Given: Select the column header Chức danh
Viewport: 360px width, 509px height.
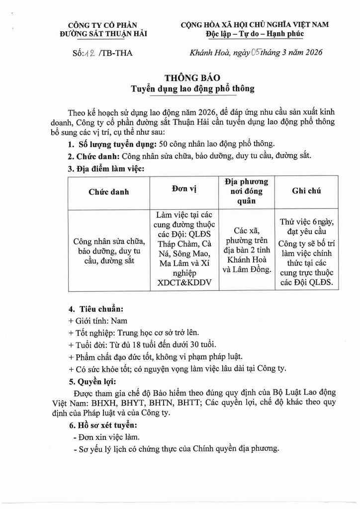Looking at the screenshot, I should (x=109, y=191).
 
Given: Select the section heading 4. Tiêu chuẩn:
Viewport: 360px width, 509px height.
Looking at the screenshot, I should (x=95, y=309).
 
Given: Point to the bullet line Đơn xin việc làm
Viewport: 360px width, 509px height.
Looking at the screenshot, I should (x=105, y=437).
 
